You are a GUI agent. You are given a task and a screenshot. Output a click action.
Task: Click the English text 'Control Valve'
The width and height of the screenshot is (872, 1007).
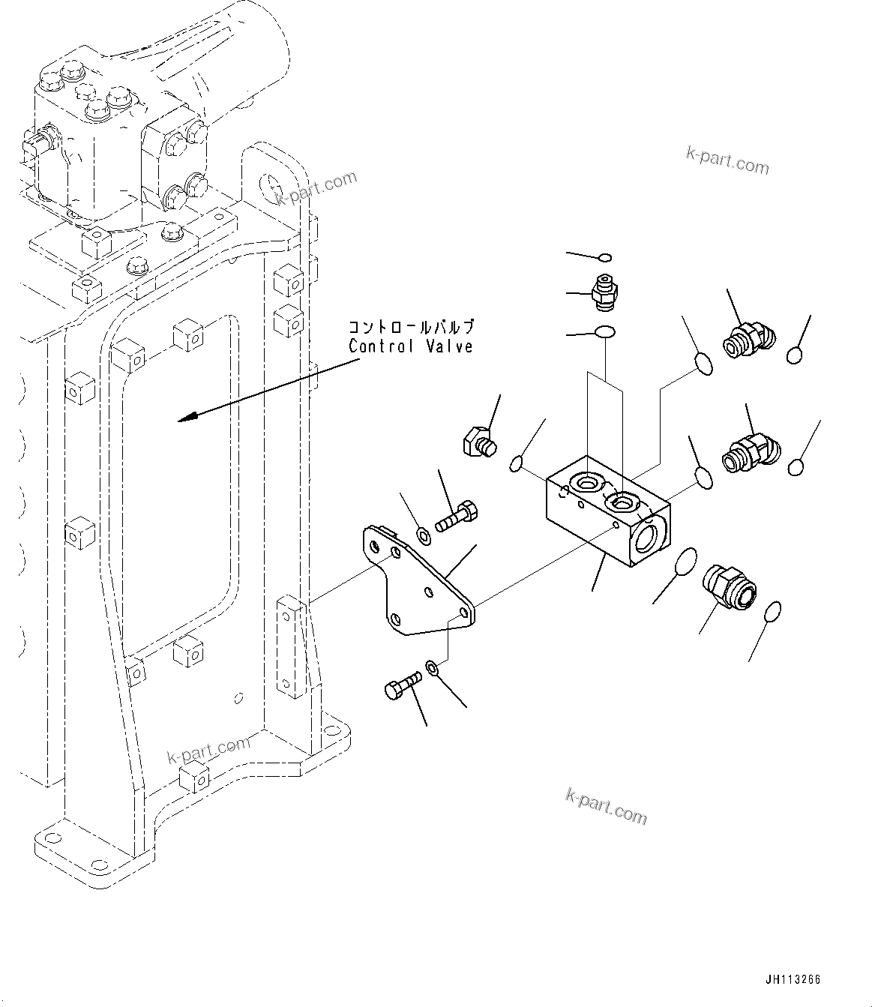[411, 346]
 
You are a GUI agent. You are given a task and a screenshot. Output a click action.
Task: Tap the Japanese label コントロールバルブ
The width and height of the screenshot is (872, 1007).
[411, 328]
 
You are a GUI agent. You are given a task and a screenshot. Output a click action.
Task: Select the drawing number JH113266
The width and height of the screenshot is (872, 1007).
[793, 979]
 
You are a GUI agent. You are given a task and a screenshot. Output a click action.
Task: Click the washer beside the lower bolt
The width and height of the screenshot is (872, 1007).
[433, 666]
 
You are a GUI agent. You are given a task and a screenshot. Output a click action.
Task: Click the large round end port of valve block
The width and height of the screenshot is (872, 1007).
[649, 541]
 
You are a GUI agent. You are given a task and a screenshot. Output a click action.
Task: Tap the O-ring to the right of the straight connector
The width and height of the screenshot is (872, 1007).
[774, 611]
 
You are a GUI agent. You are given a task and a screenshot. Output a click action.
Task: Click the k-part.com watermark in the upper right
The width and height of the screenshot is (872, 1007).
[727, 160]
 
